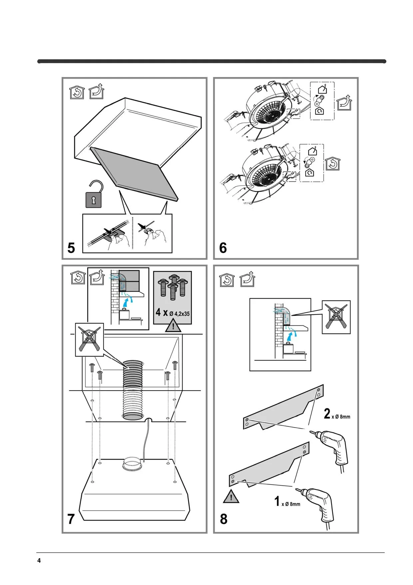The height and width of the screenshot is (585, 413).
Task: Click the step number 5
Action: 71,248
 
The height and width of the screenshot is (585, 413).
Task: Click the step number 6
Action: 223,248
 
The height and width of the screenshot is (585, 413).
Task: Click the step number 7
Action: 71,519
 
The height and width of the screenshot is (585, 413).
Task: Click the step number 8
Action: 223,519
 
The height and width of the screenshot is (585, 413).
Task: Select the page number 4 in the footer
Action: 39,560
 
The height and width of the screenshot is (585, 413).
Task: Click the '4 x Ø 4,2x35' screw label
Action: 173,313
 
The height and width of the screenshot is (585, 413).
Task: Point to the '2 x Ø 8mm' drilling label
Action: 337,414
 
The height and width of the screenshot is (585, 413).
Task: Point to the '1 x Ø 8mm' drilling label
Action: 287,502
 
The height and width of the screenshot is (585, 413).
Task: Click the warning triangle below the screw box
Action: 173,326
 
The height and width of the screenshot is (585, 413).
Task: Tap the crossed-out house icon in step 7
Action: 89,339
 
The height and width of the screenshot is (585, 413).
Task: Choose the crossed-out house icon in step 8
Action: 336,317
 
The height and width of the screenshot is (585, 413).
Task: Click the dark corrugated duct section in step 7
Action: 133,374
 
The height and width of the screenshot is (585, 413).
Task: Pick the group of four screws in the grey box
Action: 173,287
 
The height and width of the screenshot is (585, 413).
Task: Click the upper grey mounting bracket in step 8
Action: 283,409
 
